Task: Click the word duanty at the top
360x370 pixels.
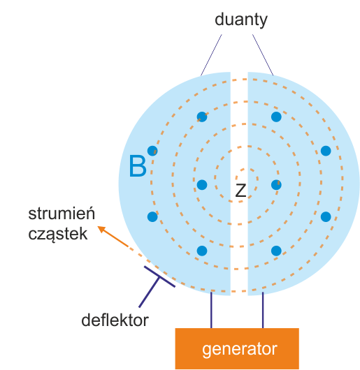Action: pos(241,20)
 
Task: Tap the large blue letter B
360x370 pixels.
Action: pos(138,165)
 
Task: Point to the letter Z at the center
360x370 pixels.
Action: pos(240,190)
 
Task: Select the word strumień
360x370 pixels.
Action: pos(62,213)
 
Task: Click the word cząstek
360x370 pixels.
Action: pos(58,235)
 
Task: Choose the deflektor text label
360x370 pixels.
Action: pos(115,320)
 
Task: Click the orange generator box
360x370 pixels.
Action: pos(237,348)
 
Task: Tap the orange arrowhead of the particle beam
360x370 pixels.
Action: pos(102,229)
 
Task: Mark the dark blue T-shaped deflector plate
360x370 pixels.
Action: pos(157,283)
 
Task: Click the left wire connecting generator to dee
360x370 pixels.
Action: pos(211,310)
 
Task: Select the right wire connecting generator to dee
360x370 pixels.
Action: pos(263,310)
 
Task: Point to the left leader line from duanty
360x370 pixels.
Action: pos(211,55)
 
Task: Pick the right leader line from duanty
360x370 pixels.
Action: pos(263,55)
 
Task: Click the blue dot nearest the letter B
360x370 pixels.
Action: pos(152,151)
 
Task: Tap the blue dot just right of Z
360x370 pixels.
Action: pos(276,185)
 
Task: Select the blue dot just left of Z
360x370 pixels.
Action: pos(202,185)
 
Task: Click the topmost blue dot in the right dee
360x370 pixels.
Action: pos(276,117)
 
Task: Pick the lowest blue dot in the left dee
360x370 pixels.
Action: pos(202,251)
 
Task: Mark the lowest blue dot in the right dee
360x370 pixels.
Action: pos(276,251)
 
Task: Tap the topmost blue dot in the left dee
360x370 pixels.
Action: pos(202,117)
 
